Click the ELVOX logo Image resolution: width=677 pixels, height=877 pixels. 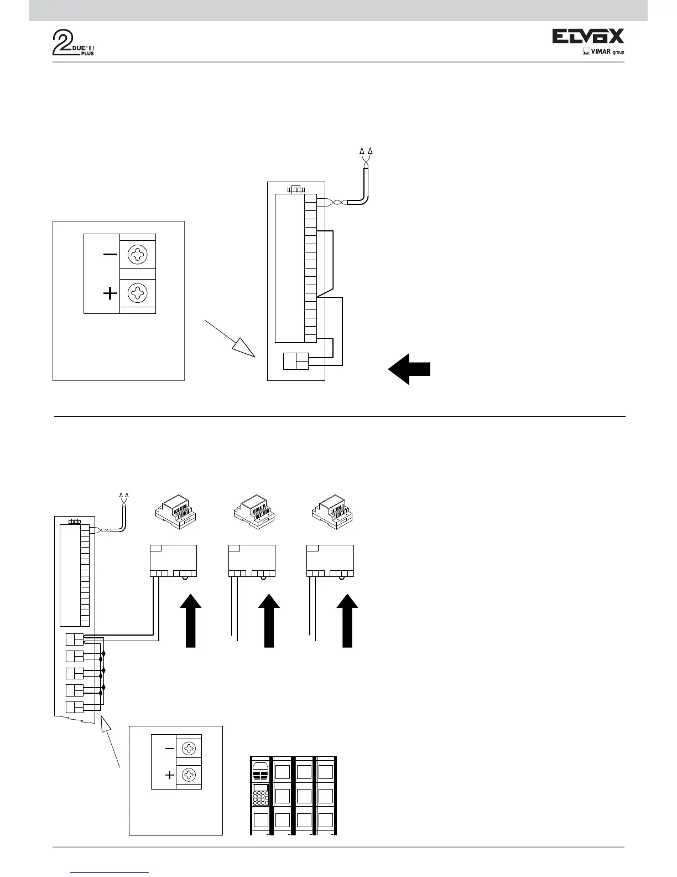click(x=588, y=37)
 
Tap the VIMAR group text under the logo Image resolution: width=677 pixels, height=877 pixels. click(x=603, y=52)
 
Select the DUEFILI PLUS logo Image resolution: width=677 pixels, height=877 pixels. click(x=74, y=43)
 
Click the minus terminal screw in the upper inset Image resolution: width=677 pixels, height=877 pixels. click(x=137, y=255)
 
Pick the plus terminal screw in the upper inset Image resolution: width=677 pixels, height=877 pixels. click(x=137, y=292)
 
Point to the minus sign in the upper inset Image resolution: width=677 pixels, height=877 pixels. click(x=110, y=255)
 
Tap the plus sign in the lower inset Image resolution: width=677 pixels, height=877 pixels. click(x=170, y=776)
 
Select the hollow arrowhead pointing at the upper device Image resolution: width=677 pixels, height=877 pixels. click(x=243, y=349)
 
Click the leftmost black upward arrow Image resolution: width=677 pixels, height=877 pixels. click(x=190, y=620)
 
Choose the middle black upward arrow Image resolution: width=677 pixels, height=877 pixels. click(x=269, y=620)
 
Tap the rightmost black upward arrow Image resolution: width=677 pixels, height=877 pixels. click(x=347, y=620)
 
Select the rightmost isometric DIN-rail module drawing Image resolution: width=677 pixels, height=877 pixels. click(x=332, y=512)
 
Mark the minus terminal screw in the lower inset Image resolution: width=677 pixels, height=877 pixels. click(x=189, y=749)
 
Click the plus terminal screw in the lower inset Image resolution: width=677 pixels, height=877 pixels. click(x=189, y=774)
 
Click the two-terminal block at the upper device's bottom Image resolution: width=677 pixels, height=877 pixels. click(x=296, y=361)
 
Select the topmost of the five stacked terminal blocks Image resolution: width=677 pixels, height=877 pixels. click(x=74, y=639)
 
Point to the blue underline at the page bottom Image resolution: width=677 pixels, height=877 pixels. click(x=110, y=872)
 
